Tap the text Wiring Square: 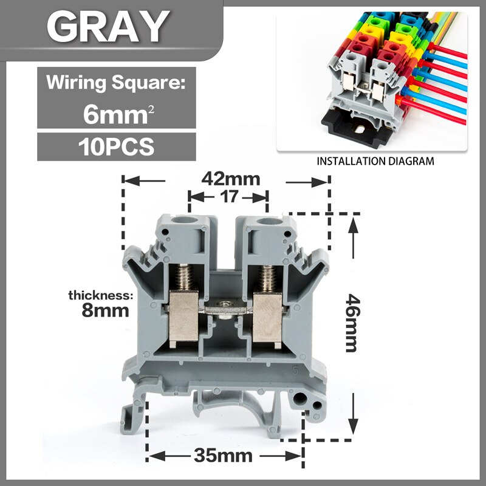pos(115,81)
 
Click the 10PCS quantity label pos(115,147)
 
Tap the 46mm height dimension pos(351,322)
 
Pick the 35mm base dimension pos(224,456)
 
